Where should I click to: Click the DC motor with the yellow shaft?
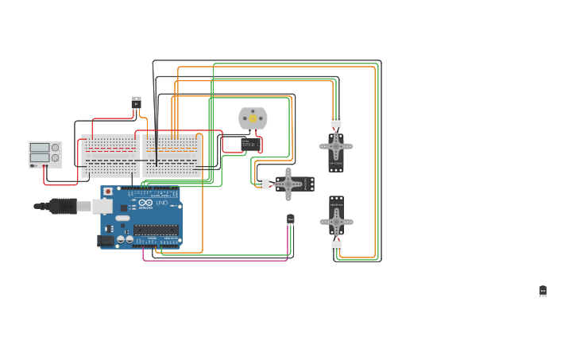coord(253,118)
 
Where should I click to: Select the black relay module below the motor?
coord(251,145)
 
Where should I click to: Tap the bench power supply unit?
coord(45,154)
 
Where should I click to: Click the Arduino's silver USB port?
coord(101,207)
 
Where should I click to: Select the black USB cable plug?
coord(64,207)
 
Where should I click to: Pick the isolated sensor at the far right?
coord(543,292)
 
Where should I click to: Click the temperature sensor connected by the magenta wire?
coord(291,219)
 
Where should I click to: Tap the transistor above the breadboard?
coord(136,103)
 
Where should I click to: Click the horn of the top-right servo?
coord(336,146)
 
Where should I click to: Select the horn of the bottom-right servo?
coord(336,222)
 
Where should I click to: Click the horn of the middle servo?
coord(288,184)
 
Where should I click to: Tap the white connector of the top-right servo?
coord(336,122)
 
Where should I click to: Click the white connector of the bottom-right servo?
coord(337,246)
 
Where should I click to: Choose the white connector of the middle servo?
coord(263,184)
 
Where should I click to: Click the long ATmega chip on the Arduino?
coord(156,230)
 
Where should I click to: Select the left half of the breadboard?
coord(110,156)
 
